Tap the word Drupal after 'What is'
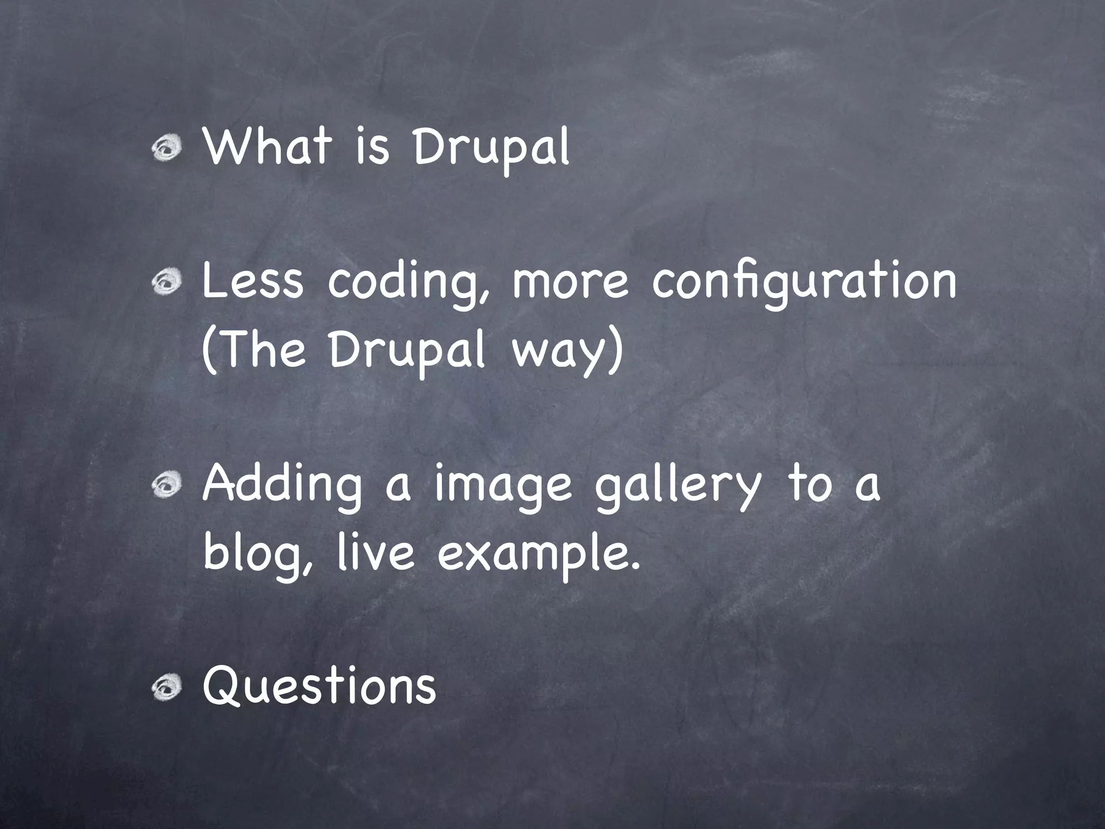[490, 147]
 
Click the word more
[570, 282]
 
